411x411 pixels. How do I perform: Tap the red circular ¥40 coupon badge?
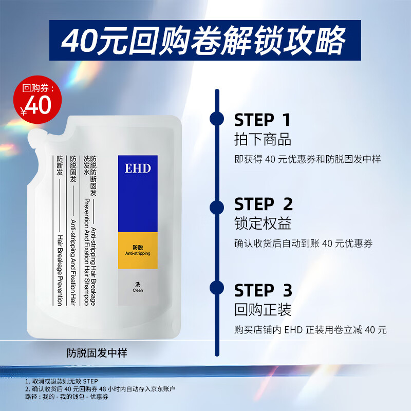(x=37, y=98)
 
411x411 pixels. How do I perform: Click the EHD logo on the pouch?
(x=138, y=169)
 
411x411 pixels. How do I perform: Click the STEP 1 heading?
(x=263, y=120)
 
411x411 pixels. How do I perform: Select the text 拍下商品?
(x=263, y=140)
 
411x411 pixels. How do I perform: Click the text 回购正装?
(x=263, y=310)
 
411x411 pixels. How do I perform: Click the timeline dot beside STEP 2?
(x=217, y=207)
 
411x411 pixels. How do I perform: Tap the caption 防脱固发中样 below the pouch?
(x=97, y=353)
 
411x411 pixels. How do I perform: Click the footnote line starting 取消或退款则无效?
(x=65, y=381)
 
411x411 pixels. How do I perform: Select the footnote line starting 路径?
(x=67, y=397)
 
